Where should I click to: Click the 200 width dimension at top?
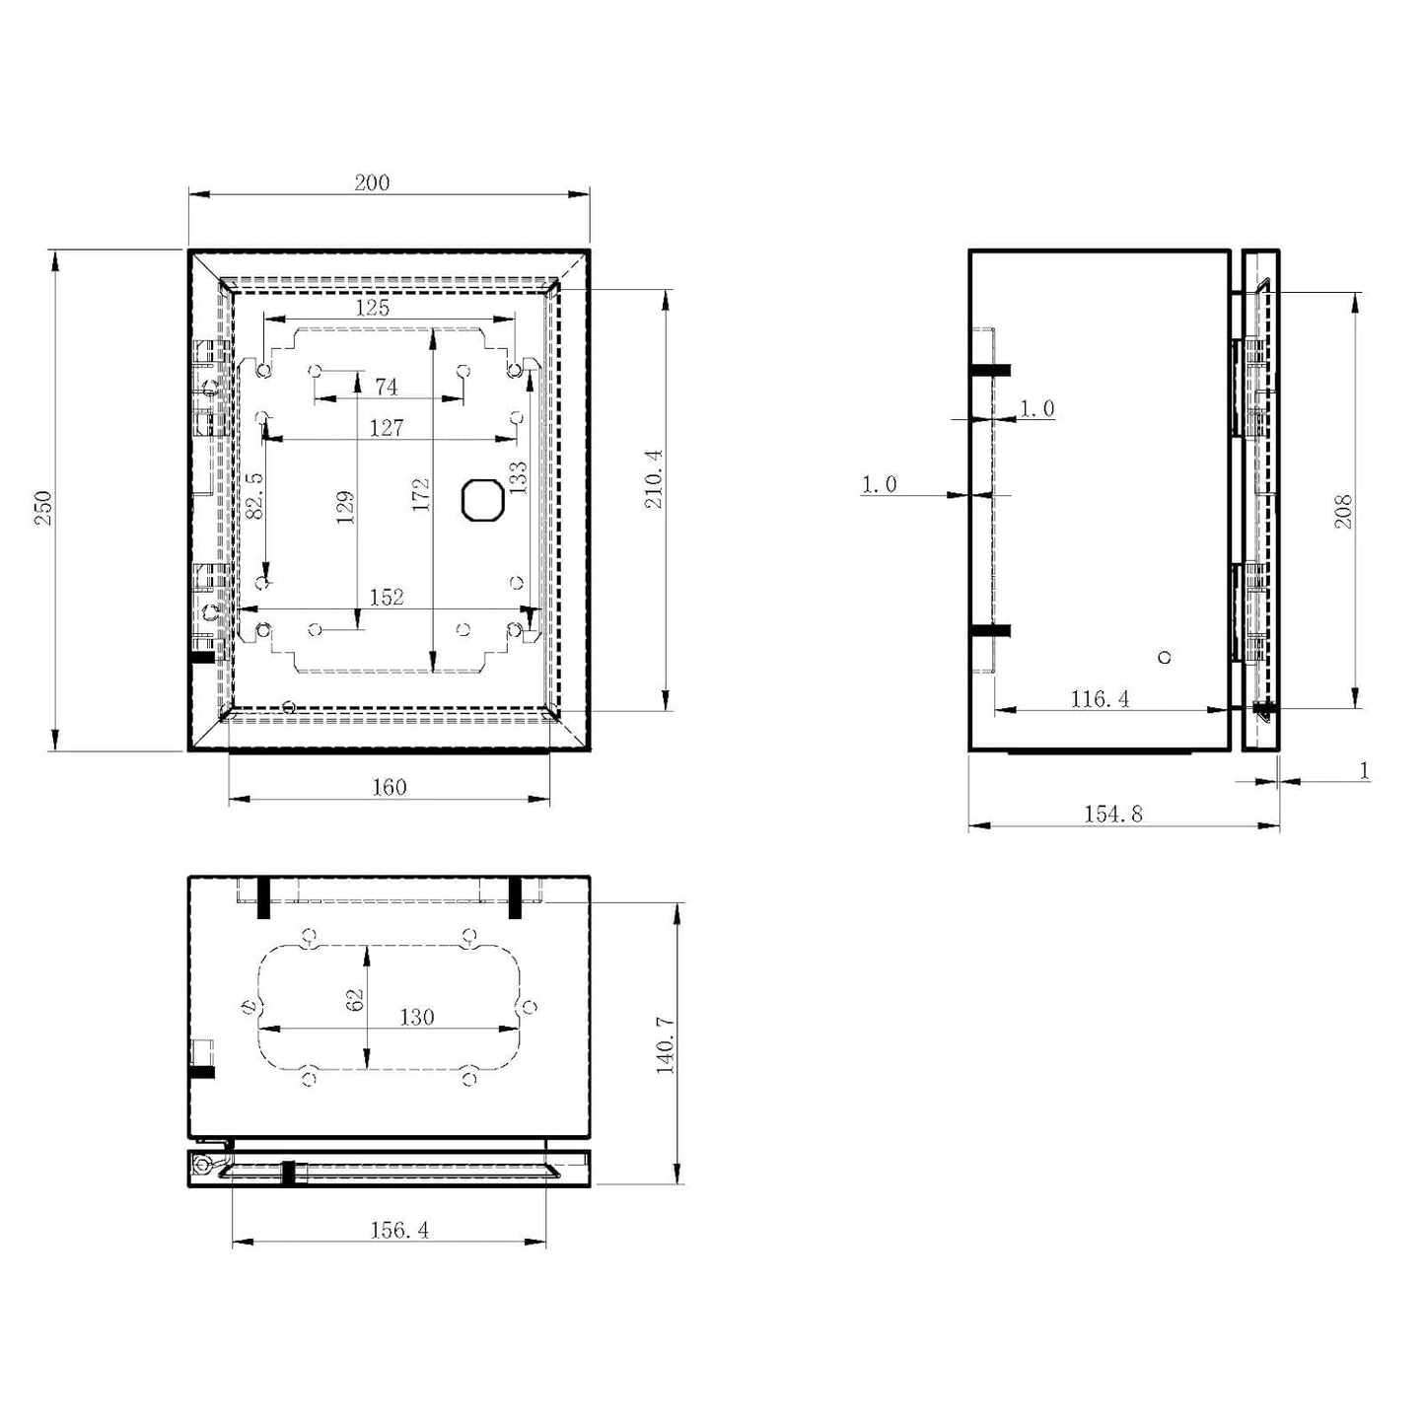372,182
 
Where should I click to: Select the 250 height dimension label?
43,507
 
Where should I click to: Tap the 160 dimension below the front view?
390,787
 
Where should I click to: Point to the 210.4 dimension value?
654,479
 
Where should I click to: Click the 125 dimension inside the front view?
372,308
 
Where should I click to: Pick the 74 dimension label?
387,387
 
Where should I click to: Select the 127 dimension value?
387,427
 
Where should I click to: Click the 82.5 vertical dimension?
253,494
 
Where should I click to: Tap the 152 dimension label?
387,598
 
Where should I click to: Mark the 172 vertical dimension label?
421,494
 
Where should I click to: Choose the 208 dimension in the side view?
1342,511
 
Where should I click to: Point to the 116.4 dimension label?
1100,698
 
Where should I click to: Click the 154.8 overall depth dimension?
1113,814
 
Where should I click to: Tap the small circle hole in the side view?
1165,657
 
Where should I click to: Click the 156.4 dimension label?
399,1230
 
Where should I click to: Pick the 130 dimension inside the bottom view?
417,1017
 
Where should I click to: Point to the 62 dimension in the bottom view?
355,999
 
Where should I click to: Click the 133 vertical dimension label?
518,477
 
